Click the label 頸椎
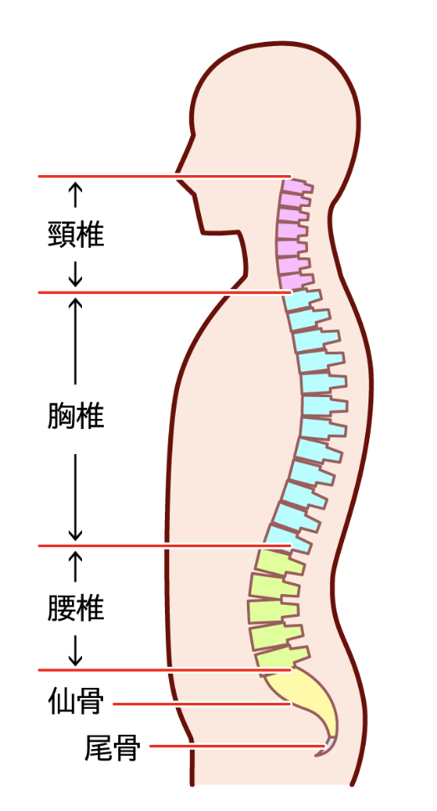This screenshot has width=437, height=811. point(76,235)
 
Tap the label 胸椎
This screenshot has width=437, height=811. point(76,416)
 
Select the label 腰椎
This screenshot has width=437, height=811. point(76,607)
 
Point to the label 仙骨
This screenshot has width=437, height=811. point(76,701)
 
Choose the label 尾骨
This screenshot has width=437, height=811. point(112,747)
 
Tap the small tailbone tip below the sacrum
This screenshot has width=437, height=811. point(326,747)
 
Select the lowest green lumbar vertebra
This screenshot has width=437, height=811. point(281,657)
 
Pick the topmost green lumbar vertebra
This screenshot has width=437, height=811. point(279,562)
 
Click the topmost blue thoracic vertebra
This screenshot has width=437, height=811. point(303,300)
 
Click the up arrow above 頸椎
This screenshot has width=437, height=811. point(75,195)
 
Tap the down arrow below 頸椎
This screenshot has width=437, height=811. point(75,274)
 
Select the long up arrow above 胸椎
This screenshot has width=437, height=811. point(75,341)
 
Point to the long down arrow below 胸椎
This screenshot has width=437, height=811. point(75,498)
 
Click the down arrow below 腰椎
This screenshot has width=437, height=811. point(75,651)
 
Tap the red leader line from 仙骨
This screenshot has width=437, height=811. point(202,704)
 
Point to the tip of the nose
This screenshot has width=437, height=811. point(176,174)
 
